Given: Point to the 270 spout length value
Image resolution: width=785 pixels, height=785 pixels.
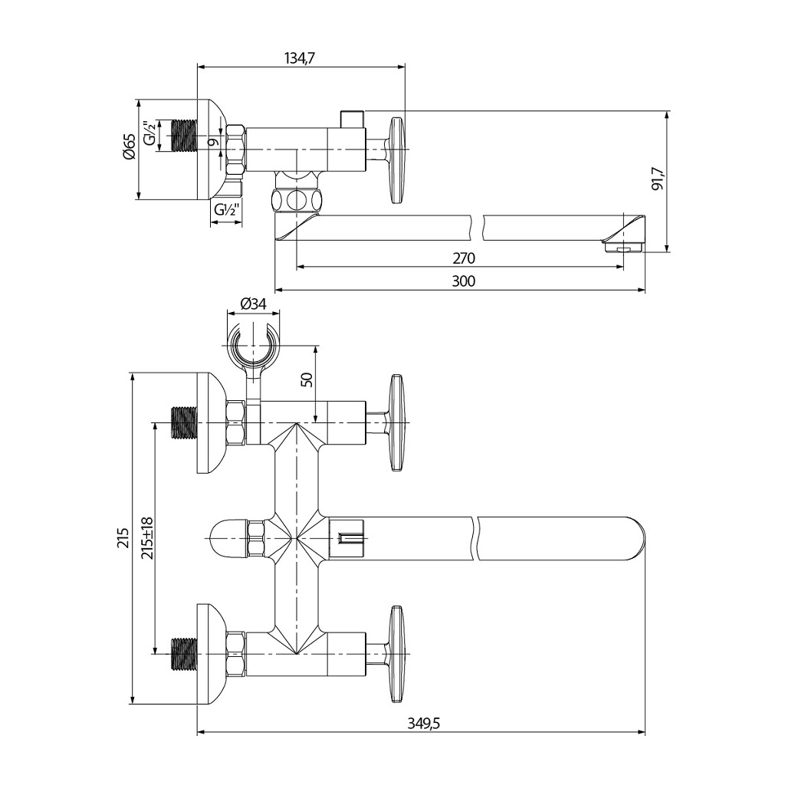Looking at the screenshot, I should point(463,258).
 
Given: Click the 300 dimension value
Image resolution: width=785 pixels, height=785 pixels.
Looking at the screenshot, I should point(463,281).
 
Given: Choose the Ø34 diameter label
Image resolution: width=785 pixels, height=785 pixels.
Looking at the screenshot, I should point(253,304).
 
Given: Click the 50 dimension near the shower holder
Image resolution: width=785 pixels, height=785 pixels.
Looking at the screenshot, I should point(307,380).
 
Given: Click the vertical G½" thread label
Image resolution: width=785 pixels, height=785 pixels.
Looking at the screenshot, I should point(150,135).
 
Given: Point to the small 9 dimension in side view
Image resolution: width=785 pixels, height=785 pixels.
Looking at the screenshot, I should point(214,141).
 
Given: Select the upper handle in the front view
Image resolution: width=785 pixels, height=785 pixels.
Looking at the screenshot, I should point(396,422).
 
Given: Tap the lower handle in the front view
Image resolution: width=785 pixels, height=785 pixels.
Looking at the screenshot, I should point(396,653).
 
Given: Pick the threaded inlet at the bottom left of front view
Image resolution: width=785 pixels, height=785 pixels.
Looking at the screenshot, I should point(183,653).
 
